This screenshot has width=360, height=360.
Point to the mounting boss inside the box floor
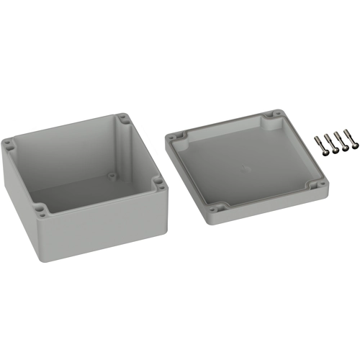112,175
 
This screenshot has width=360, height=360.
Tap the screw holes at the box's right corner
159,185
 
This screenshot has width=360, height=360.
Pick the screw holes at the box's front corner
42,211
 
